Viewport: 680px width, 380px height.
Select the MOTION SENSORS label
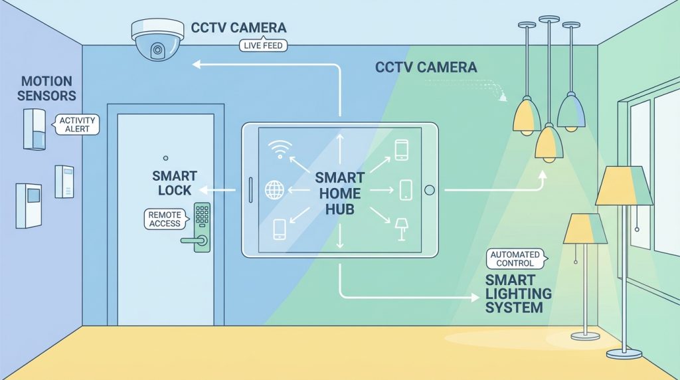47,88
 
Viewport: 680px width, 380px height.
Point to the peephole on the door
165,157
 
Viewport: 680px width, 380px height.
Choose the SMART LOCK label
174,183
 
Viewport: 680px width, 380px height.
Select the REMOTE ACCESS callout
165,219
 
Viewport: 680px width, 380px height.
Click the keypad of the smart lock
201,214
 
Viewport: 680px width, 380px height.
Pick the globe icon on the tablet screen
274,191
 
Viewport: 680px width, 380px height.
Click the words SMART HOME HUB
339,193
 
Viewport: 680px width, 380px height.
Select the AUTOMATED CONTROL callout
515,258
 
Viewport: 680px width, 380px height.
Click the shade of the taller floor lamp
624,186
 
